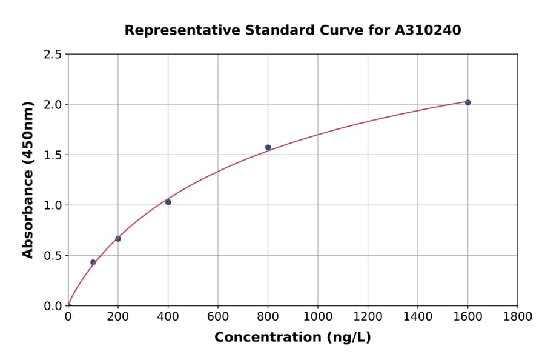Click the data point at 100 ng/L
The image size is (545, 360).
(93, 262)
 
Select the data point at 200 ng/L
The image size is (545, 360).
(118, 239)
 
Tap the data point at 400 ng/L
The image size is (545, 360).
(168, 202)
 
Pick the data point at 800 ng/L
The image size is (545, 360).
(268, 147)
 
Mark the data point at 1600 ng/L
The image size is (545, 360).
(467, 102)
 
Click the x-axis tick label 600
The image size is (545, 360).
(218, 316)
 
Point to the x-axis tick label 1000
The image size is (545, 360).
(318, 316)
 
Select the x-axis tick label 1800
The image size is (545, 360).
(517, 316)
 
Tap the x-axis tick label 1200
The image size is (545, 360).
(368, 316)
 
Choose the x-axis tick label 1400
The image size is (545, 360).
(417, 316)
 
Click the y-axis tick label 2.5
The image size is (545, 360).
(53, 55)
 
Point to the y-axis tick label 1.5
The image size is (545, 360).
(53, 155)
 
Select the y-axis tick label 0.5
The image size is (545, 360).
(53, 256)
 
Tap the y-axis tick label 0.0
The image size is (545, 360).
(53, 306)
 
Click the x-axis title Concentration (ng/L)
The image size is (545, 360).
(292, 338)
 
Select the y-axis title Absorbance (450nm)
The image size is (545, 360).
(28, 180)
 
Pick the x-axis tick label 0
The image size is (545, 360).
(68, 316)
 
